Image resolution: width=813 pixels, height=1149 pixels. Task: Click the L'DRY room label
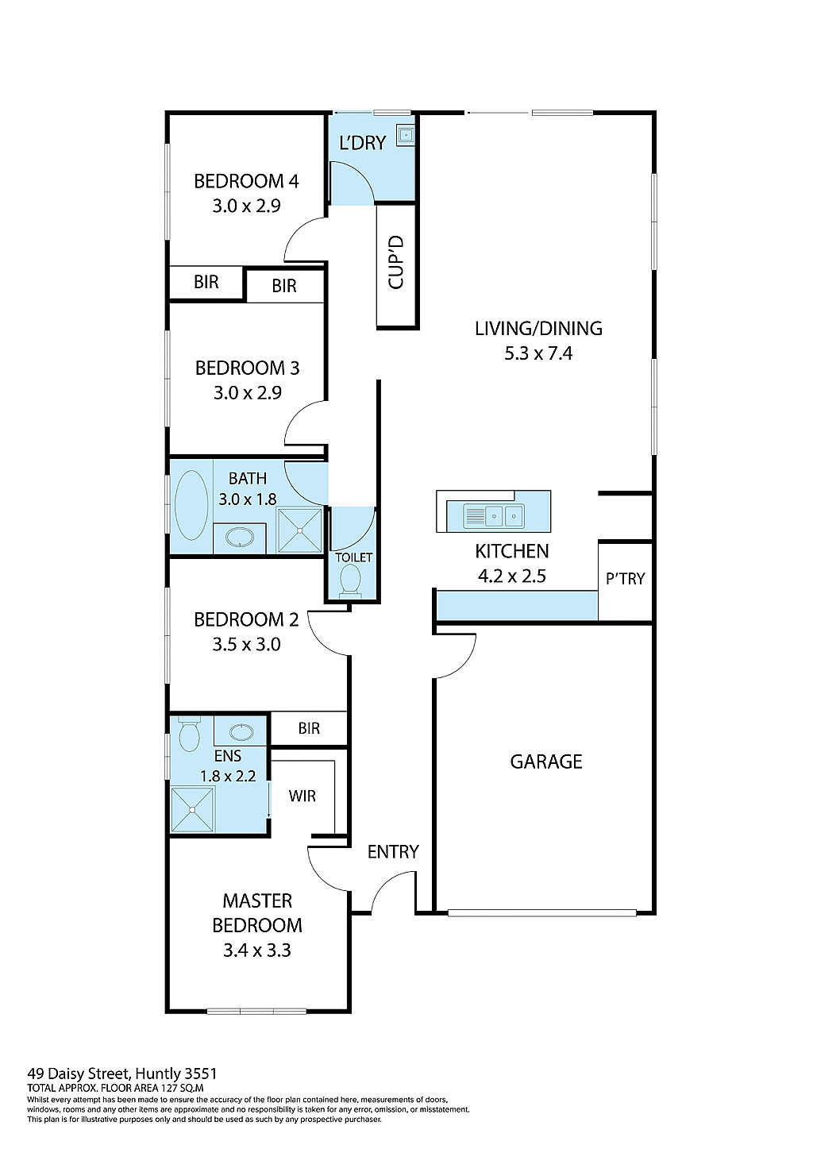tap(362, 143)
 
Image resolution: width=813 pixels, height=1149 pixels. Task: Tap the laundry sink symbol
tap(406, 136)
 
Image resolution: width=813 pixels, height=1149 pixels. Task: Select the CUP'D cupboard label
tap(396, 262)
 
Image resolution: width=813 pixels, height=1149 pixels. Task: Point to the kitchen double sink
tap(494, 516)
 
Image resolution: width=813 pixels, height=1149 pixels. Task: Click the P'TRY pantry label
tap(625, 579)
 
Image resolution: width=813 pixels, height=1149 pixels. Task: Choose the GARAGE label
tap(545, 762)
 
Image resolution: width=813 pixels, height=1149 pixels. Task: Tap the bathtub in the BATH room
tap(191, 506)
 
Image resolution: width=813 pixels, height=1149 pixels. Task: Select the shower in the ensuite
tap(193, 809)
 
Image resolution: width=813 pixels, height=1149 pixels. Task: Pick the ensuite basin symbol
tap(241, 731)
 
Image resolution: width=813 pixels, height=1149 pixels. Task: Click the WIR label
tap(302, 796)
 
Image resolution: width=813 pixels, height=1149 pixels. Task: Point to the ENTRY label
tap(393, 852)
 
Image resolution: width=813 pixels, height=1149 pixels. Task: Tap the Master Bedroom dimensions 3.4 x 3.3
tap(256, 950)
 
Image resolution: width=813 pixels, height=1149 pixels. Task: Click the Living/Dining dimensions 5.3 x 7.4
tap(538, 354)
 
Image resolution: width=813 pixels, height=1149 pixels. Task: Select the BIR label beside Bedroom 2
tap(309, 729)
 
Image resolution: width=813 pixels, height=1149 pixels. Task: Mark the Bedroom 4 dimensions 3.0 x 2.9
tap(246, 206)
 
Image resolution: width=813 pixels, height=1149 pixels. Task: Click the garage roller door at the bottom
tap(542, 913)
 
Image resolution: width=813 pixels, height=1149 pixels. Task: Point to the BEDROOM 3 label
tap(247, 368)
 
